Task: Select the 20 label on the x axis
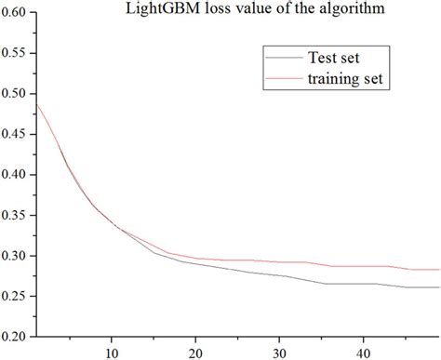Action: pos(195,352)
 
